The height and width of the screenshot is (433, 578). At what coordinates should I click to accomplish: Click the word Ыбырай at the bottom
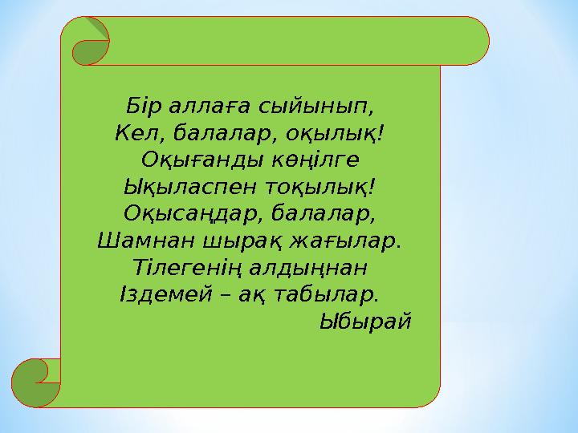365,322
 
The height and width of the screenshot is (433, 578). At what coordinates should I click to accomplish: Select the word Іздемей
162,295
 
